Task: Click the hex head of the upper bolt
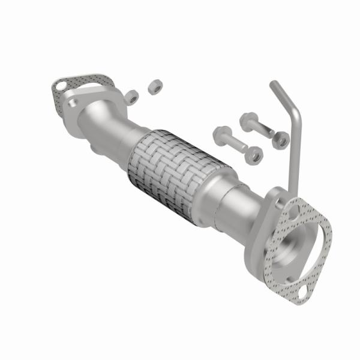point(247,121)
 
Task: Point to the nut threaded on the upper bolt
point(280,140)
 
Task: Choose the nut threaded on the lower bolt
point(254,155)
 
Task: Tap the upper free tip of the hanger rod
point(273,84)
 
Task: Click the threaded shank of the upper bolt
point(263,130)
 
